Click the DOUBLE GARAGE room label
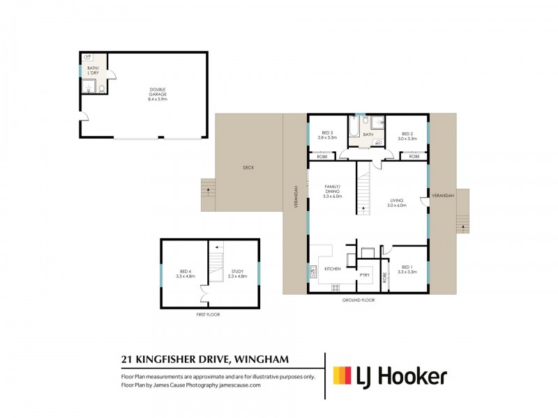(158, 94)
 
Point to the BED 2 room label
(408, 135)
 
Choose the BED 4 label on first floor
(186, 274)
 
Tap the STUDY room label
(238, 274)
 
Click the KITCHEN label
(332, 268)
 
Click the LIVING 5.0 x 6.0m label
(400, 203)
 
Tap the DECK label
(248, 168)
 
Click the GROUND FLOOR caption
(359, 300)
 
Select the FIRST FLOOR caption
(209, 315)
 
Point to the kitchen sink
(312, 272)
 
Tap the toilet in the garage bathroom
(101, 88)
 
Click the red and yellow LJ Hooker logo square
(342, 376)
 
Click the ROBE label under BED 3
(322, 157)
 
